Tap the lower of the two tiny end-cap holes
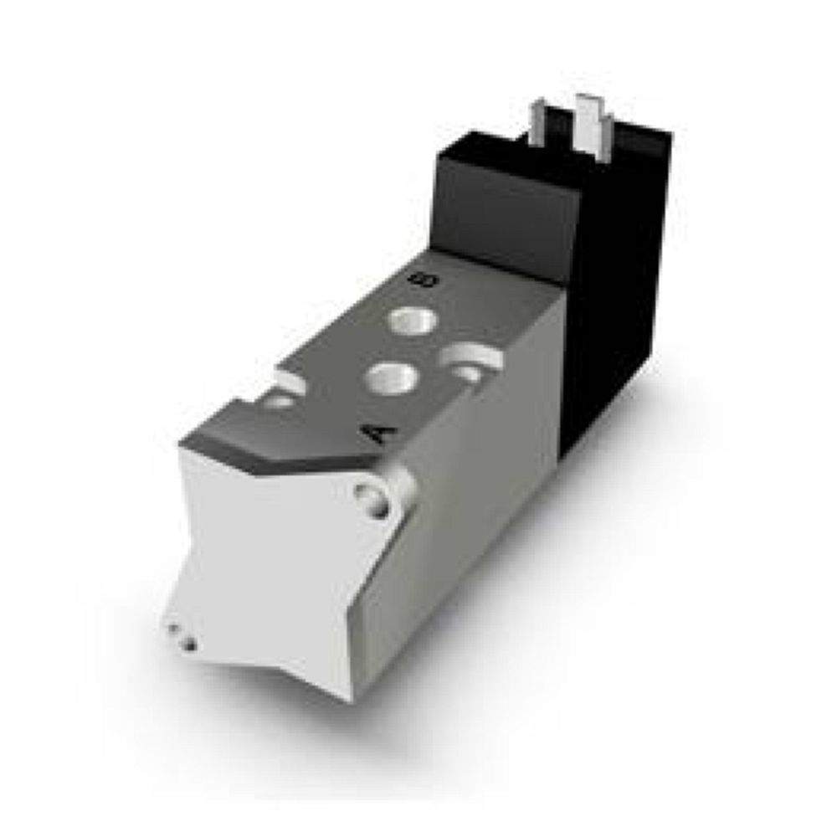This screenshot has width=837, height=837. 190,644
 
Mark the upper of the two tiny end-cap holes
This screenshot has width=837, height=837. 174,629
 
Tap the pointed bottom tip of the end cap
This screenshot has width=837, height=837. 347,695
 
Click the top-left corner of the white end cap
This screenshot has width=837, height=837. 182,448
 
